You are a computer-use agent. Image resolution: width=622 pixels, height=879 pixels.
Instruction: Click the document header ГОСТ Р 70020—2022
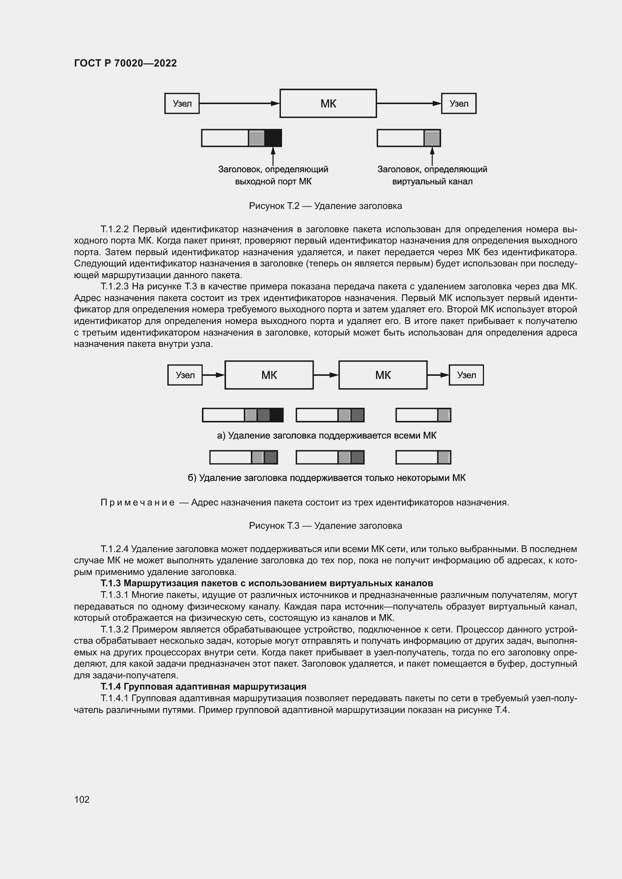coord(125,63)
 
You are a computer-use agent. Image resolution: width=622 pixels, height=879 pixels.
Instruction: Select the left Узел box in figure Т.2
coord(182,103)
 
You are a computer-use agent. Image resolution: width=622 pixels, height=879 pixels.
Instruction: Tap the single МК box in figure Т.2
coord(328,103)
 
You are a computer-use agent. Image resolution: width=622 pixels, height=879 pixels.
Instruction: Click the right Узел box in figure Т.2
coord(458,103)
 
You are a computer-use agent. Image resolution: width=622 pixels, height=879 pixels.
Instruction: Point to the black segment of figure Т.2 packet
coord(273,138)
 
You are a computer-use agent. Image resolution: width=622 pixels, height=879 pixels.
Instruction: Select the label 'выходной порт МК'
coord(273,182)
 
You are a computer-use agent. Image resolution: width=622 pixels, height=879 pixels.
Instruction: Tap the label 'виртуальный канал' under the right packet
coord(432,182)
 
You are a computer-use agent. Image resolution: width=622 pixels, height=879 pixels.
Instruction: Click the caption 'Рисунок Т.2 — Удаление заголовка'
coord(325,206)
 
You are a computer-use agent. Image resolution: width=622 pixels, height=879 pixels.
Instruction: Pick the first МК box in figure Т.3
coord(269,375)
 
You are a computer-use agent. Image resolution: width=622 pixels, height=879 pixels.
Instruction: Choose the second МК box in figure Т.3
coord(383,375)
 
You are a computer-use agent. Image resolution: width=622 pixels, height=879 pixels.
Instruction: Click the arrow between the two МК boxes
coord(326,375)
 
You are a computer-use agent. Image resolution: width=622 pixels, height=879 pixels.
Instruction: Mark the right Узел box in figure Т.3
coord(466,375)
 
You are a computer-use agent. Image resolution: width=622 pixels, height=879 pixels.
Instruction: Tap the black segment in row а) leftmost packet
coord(276,415)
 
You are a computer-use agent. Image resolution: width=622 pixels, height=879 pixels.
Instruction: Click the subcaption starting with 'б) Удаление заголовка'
coord(326,478)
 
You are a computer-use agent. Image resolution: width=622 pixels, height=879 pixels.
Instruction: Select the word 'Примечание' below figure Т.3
coord(138,502)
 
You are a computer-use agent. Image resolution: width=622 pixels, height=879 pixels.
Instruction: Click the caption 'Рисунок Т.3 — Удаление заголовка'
coord(325,526)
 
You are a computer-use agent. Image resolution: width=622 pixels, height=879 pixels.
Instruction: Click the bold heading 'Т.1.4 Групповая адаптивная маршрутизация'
coord(203,687)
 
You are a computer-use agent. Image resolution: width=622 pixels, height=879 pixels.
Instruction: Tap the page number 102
coord(82,799)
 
